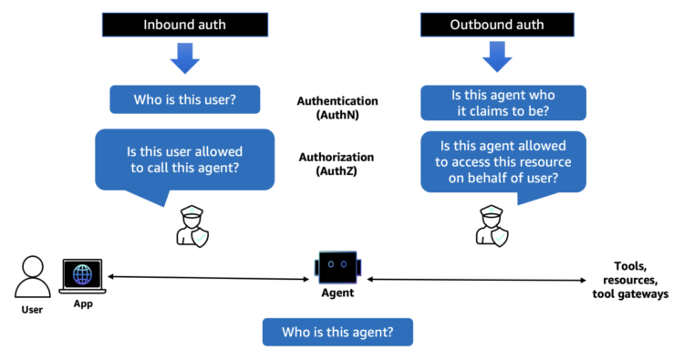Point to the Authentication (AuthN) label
337,108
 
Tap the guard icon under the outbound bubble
492,226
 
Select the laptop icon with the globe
82,276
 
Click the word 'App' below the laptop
83,303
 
